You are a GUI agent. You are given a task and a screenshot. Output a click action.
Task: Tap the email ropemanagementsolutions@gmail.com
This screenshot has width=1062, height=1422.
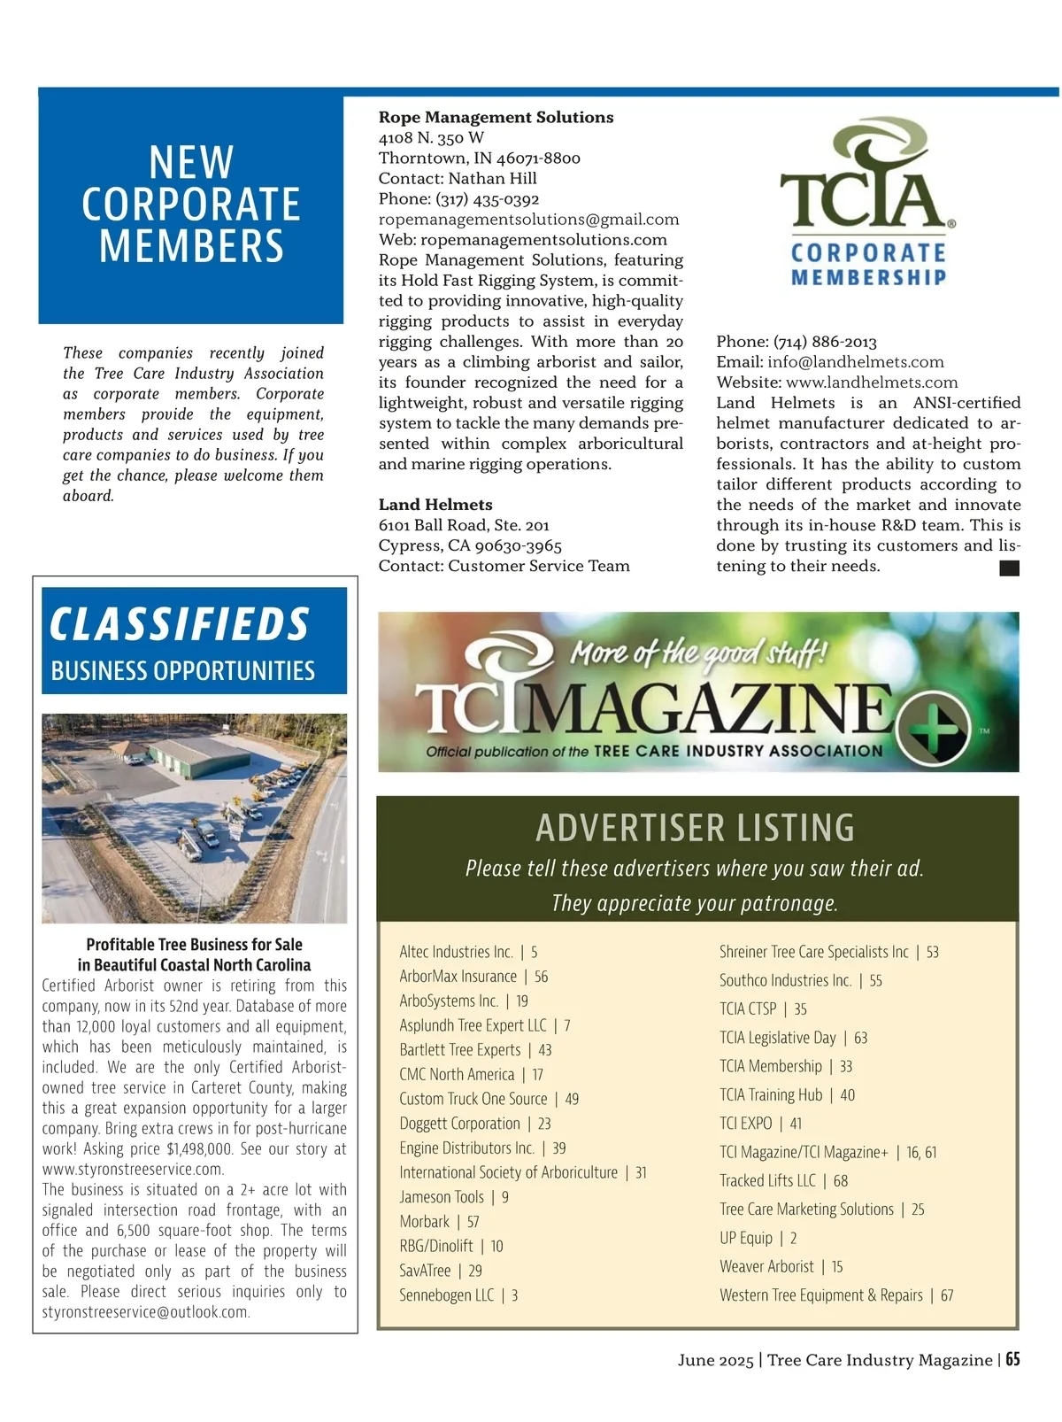528,220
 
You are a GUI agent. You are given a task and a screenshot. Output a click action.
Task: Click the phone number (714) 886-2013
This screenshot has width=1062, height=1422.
825,342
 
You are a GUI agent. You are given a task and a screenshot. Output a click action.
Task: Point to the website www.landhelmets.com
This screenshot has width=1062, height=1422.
872,383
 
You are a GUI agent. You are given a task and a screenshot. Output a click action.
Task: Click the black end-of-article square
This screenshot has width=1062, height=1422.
1009,568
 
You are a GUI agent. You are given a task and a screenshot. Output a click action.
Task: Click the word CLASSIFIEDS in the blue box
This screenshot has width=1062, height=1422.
180,624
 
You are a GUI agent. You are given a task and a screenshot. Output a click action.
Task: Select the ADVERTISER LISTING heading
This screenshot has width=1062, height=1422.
696,828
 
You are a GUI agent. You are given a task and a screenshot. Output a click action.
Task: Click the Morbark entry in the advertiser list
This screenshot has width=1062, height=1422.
425,1222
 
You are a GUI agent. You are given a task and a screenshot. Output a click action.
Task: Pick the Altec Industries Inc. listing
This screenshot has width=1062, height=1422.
456,952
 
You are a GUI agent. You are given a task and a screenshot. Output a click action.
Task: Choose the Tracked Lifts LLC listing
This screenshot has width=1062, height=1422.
767,1180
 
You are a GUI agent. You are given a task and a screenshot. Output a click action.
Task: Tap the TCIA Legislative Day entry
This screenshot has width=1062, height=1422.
778,1038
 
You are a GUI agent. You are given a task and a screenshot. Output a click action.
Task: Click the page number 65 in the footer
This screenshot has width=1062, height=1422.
1012,1359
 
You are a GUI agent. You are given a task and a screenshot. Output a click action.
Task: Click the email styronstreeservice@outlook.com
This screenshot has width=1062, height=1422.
146,1312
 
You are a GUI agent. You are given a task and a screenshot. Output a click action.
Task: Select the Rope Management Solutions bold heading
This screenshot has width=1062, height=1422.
496,118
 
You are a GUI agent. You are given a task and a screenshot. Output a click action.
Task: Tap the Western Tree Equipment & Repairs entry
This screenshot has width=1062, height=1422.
821,1295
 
